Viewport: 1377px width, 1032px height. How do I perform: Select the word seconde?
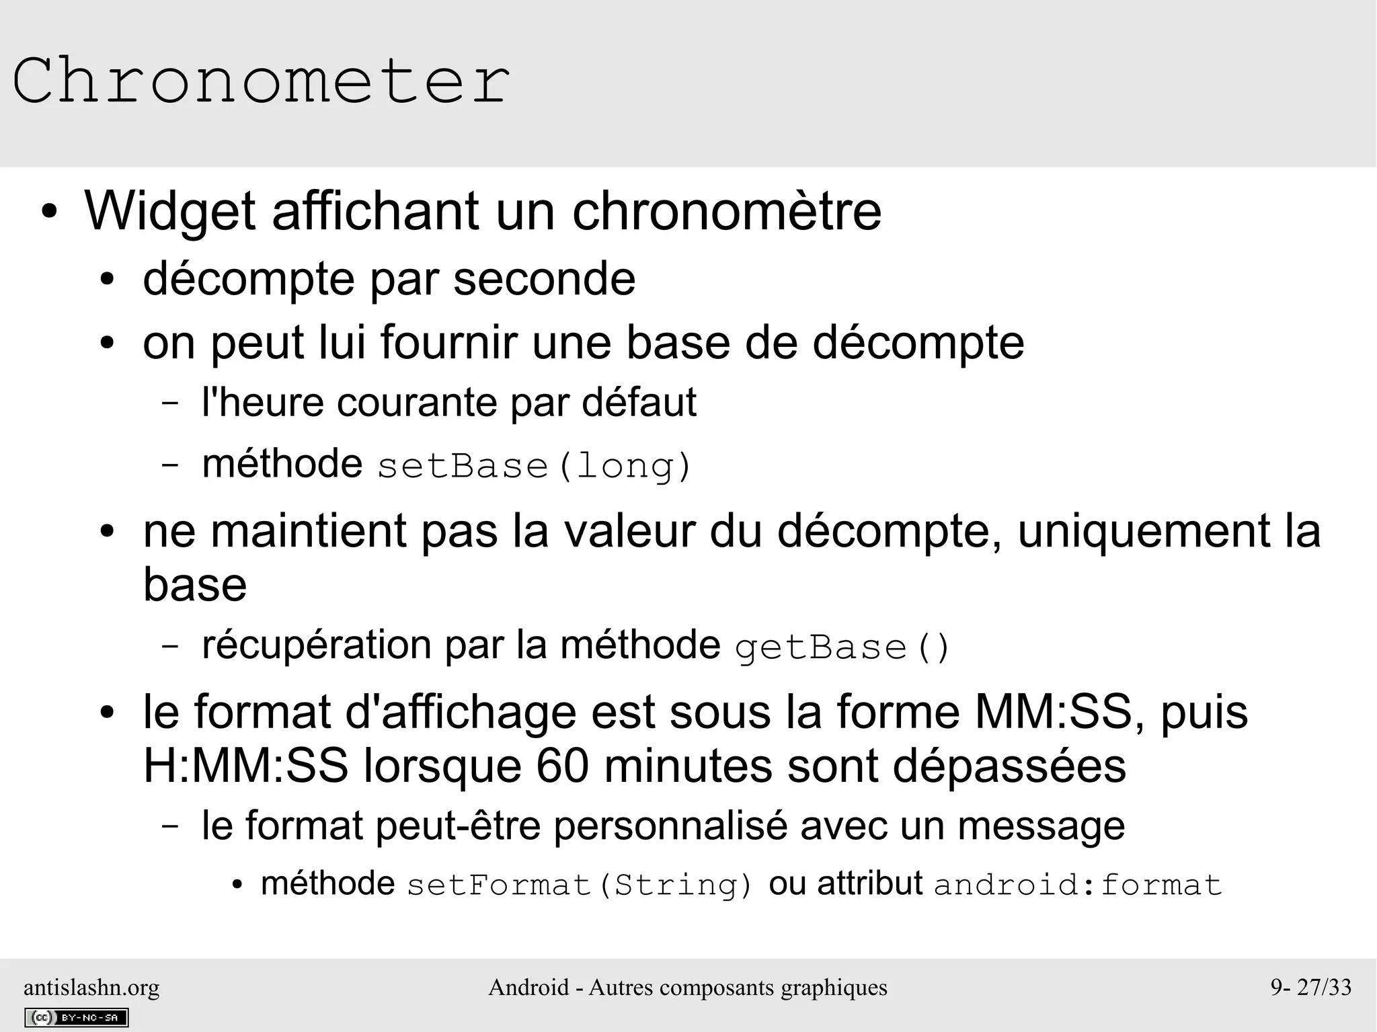[544, 279]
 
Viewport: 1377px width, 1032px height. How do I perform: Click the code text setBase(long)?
[535, 466]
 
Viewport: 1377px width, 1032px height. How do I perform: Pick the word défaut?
[639, 403]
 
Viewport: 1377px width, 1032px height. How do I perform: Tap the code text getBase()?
[842, 647]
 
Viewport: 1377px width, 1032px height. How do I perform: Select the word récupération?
[316, 645]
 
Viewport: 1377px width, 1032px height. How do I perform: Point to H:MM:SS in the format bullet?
[245, 766]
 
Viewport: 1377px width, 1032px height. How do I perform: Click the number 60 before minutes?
[563, 766]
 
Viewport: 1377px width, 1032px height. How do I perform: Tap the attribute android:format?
[1077, 885]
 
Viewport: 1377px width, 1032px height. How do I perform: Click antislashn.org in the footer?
[91, 988]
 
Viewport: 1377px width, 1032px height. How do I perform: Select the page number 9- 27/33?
[1310, 988]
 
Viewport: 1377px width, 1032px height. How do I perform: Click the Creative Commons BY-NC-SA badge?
[76, 1018]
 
